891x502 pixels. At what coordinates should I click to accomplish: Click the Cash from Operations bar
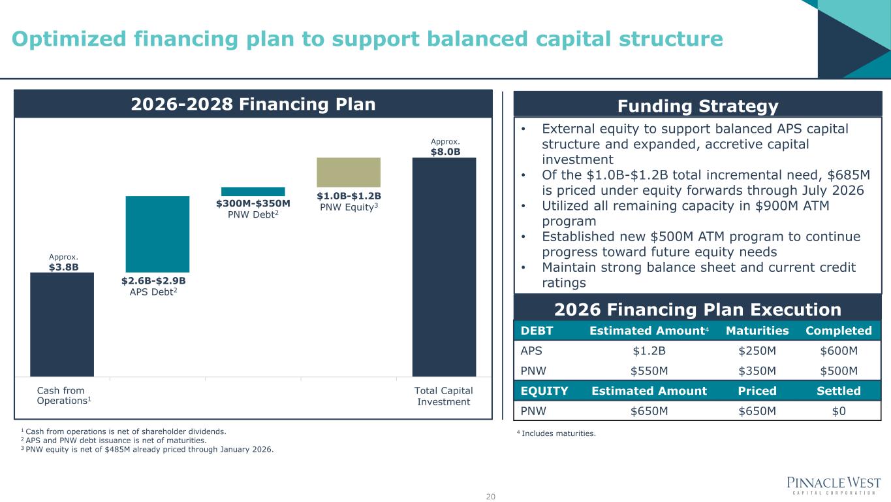pyautogui.click(x=62, y=324)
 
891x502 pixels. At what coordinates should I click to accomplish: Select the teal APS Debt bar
pyautogui.click(x=157, y=234)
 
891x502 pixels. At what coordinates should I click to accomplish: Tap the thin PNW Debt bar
pyautogui.click(x=253, y=192)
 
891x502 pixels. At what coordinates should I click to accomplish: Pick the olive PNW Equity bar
pyautogui.click(x=349, y=172)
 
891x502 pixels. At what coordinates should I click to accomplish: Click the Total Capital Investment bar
pyautogui.click(x=444, y=267)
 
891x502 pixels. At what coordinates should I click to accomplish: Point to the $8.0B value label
pyautogui.click(x=445, y=152)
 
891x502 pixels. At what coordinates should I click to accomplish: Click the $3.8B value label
pyautogui.click(x=64, y=267)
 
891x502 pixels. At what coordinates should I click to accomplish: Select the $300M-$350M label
pyautogui.click(x=253, y=203)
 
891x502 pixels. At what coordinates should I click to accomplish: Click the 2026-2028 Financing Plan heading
pyautogui.click(x=253, y=105)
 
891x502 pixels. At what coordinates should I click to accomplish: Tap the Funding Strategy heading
pyautogui.click(x=698, y=107)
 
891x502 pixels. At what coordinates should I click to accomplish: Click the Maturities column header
pyautogui.click(x=757, y=331)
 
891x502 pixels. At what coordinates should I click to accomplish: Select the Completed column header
pyautogui.click(x=839, y=331)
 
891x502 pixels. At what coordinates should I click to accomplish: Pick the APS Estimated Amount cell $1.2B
pyautogui.click(x=649, y=351)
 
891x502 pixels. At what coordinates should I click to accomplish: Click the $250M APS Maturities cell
pyautogui.click(x=757, y=351)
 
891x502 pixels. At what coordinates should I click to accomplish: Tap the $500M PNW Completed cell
pyautogui.click(x=839, y=371)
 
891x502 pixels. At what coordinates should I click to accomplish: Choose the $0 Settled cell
pyautogui.click(x=839, y=411)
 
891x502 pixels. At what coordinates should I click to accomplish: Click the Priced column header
pyautogui.click(x=757, y=391)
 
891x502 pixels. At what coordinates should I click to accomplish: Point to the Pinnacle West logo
pyautogui.click(x=834, y=486)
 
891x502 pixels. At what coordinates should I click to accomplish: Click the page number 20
pyautogui.click(x=490, y=497)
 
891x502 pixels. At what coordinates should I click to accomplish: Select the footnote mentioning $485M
pyautogui.click(x=147, y=450)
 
